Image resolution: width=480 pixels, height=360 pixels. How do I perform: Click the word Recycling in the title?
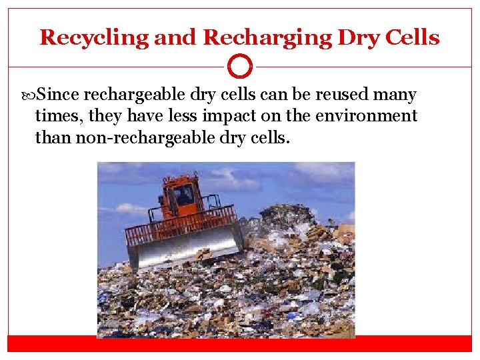click(94, 38)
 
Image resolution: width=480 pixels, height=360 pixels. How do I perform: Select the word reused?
click(349, 95)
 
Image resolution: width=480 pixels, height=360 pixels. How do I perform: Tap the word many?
click(399, 95)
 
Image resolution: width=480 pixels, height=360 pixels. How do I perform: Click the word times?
click(57, 116)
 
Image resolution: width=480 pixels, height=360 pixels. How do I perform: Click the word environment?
click(367, 116)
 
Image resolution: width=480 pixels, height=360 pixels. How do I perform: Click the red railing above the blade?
click(180, 225)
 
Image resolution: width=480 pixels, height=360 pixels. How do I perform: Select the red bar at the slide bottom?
click(240, 343)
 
